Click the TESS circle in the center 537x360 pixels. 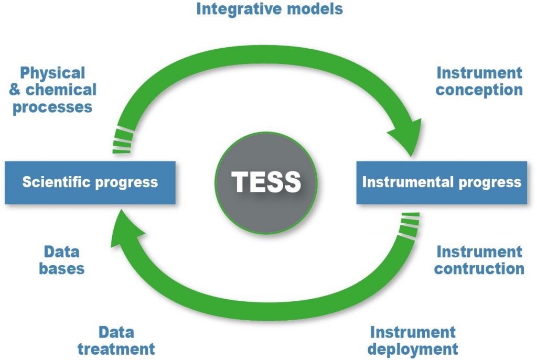[266, 183]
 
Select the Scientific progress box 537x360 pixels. [90, 183]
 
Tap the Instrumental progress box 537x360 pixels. [442, 183]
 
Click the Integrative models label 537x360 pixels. [270, 9]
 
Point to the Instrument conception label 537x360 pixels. [479, 81]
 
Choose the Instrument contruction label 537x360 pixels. [479, 260]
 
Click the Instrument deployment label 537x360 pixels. [413, 341]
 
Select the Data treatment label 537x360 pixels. [116, 341]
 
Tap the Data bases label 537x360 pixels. [62, 260]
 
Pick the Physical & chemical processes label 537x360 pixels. [52, 90]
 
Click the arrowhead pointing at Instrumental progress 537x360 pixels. [407, 137]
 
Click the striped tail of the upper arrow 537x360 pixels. [123, 140]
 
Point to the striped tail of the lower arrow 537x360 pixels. [409, 225]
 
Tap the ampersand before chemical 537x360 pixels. [15, 90]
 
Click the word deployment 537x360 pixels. [413, 350]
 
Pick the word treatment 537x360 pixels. [116, 349]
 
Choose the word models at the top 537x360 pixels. [315, 9]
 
